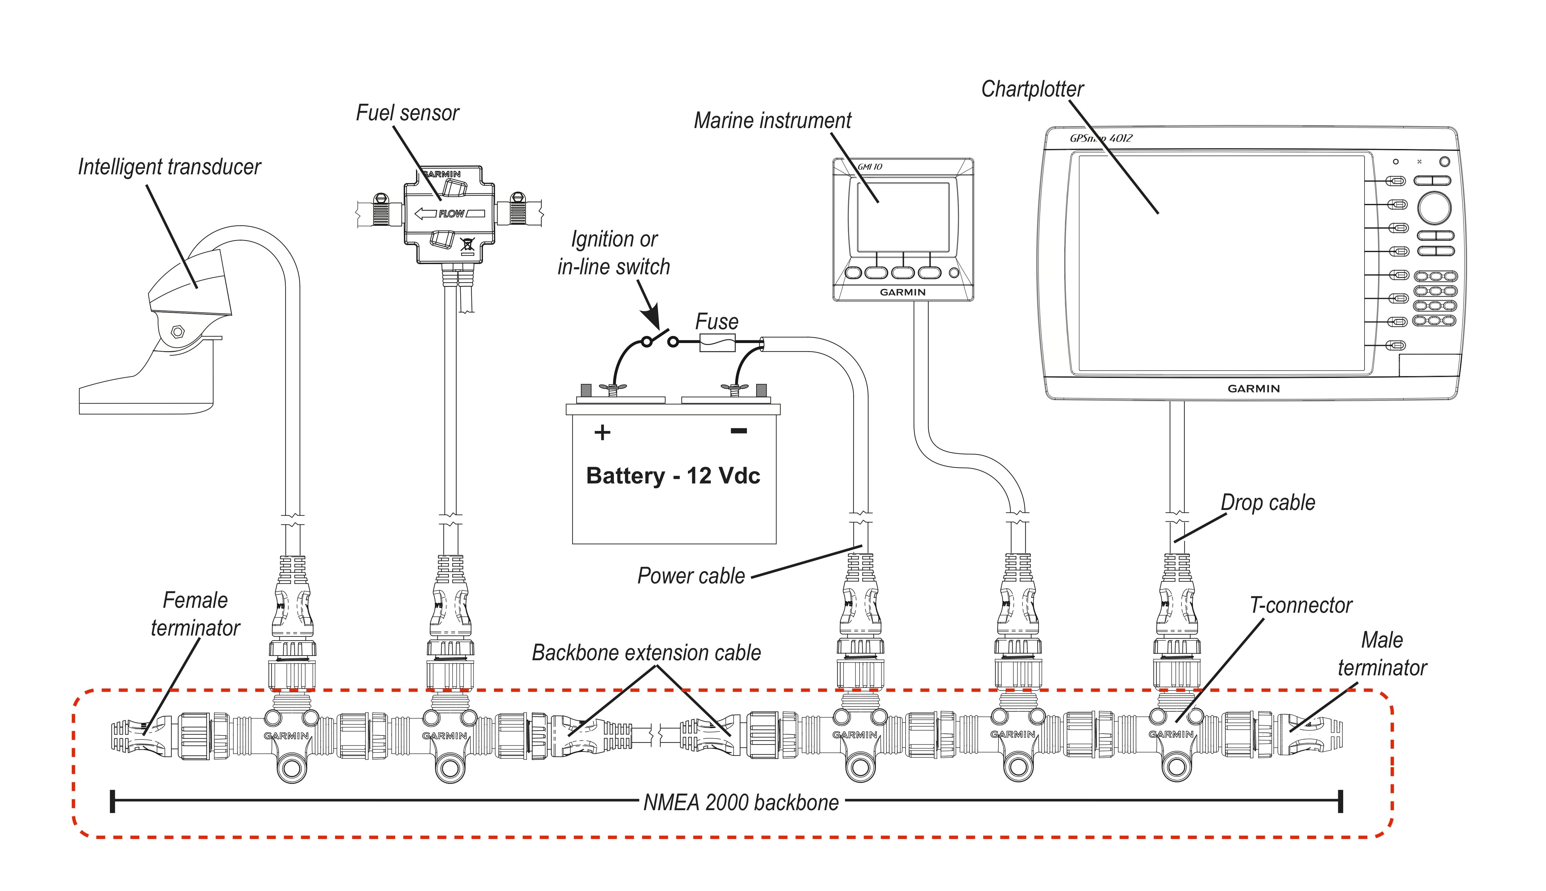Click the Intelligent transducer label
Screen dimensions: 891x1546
[x=169, y=167]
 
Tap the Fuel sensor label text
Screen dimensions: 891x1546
[x=408, y=113]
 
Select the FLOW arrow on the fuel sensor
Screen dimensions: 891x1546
[x=450, y=213]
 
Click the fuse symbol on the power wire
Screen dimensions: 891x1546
[x=717, y=343]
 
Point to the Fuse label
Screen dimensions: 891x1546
[x=717, y=322]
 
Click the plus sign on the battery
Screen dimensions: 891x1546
[x=602, y=433]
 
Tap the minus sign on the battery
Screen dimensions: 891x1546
[x=739, y=431]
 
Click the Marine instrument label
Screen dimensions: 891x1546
[x=773, y=121]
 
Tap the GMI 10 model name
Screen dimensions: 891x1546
[x=870, y=167]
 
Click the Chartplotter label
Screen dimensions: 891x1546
[x=1032, y=89]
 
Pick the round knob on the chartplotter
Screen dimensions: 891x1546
[x=1434, y=208]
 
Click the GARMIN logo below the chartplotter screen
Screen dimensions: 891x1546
[x=1253, y=389]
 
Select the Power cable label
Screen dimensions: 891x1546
[x=691, y=576]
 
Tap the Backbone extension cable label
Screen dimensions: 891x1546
[x=646, y=653]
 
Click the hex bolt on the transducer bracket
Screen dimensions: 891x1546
[x=177, y=332]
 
